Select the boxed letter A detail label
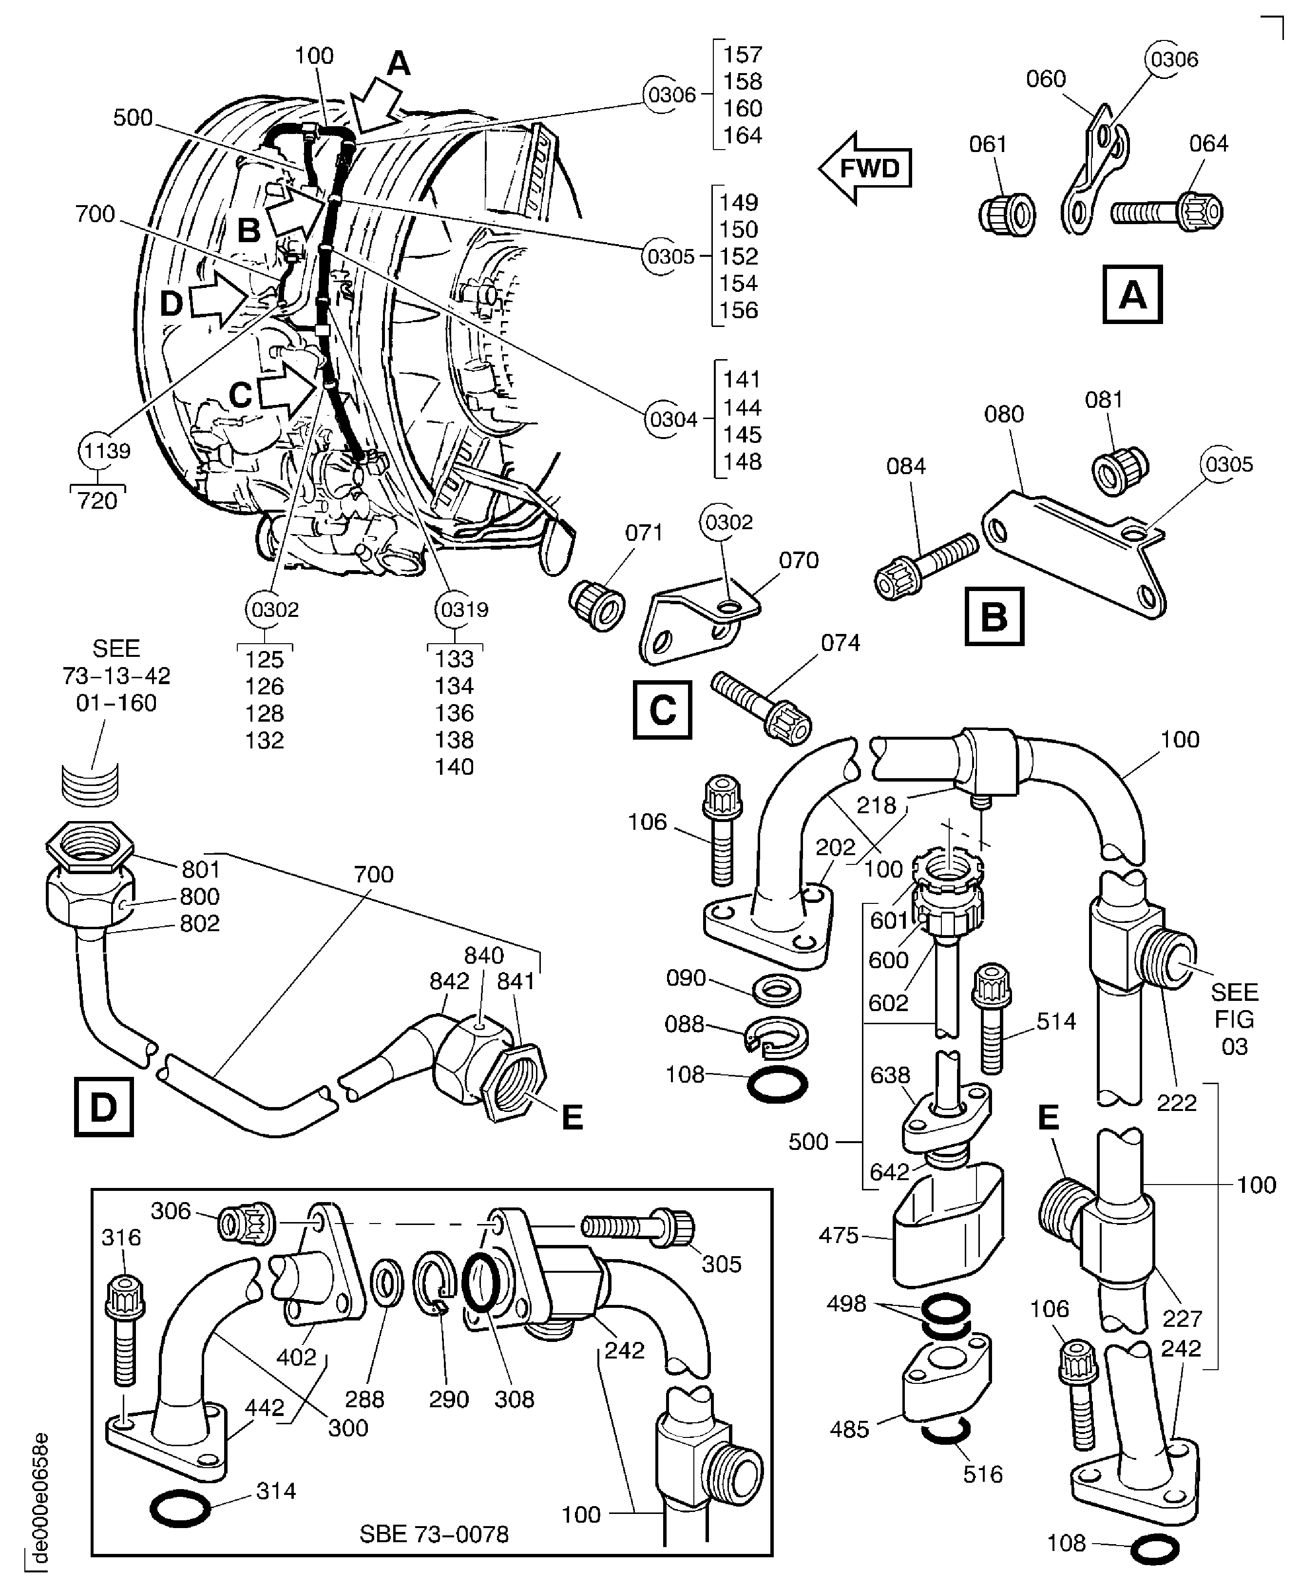(x=1132, y=294)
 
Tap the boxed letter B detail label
(x=994, y=617)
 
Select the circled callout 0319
(x=463, y=610)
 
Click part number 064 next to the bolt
(x=1209, y=144)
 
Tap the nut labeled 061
(x=1007, y=214)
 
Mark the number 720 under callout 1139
(x=97, y=500)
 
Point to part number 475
(x=838, y=1235)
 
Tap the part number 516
(x=982, y=1474)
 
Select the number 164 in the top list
(x=742, y=135)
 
